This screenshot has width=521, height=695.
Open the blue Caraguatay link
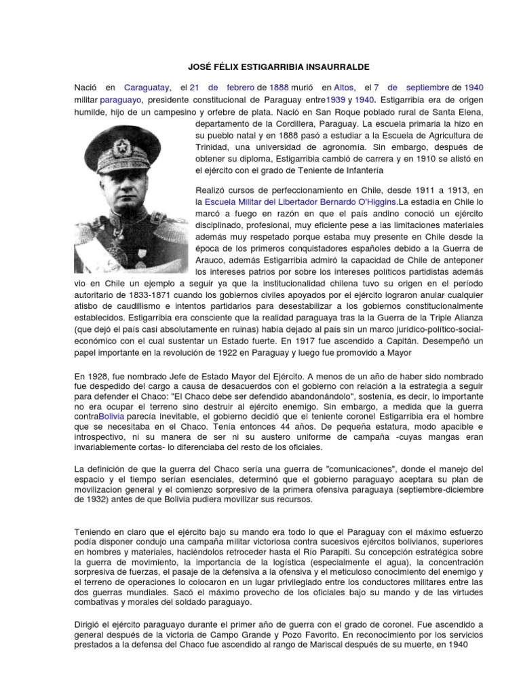(x=147, y=88)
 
